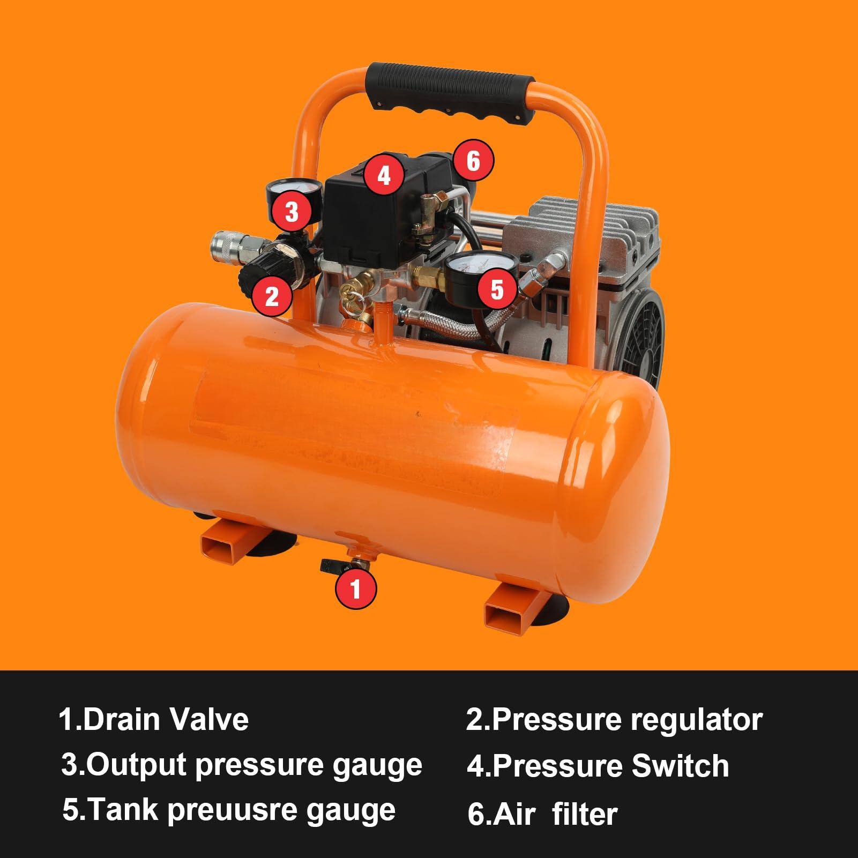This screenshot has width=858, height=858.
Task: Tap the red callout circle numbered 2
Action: point(272,294)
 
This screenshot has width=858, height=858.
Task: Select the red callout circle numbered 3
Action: point(291,212)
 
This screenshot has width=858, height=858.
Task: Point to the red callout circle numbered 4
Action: point(384,175)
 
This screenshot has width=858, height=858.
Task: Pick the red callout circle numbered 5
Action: point(497,290)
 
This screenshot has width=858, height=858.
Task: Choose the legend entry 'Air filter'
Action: point(542,813)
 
